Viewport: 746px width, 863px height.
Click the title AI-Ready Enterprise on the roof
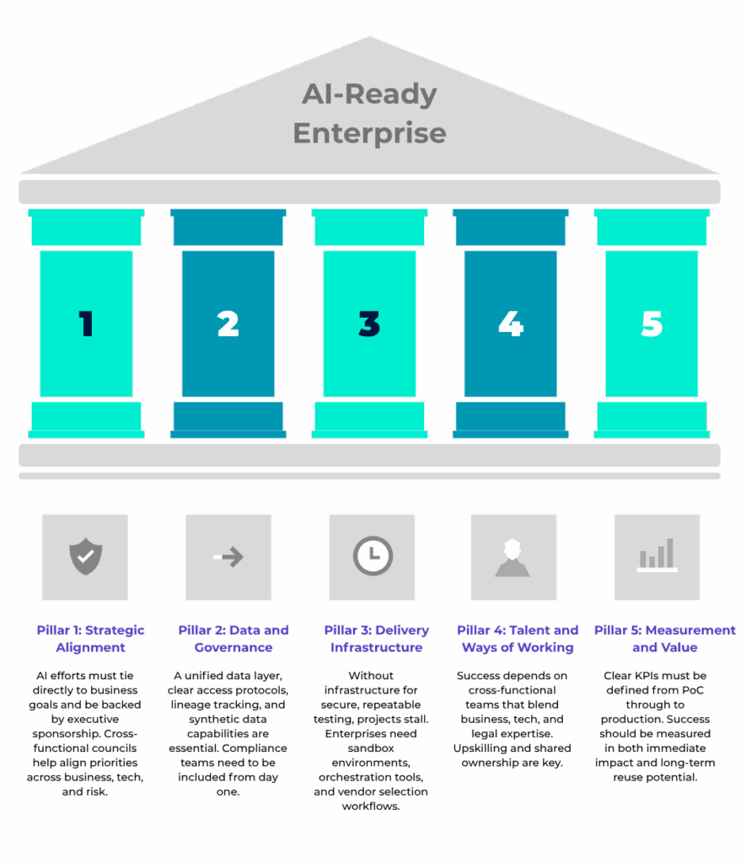pos(369,113)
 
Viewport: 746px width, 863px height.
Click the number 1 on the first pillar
pos(86,324)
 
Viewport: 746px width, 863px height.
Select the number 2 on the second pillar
pos(228,324)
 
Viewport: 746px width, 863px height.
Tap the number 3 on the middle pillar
pos(369,324)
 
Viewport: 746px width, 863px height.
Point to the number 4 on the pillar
pos(511,324)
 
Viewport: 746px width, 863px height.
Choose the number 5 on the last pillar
pos(652,324)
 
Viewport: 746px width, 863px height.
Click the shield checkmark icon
pos(85,557)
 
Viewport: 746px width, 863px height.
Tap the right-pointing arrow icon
pos(228,557)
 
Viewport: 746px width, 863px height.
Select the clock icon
pos(372,557)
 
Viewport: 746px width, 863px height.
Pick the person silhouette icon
pos(513,557)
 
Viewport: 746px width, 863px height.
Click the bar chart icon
pos(657,557)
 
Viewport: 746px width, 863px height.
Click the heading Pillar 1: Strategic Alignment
pos(90,639)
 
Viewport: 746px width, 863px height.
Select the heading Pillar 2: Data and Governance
pos(233,639)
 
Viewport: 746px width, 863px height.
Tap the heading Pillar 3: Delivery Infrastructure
pos(377,639)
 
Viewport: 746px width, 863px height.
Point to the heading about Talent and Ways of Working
pos(518,639)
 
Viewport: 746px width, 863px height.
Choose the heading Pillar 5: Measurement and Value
pos(664,639)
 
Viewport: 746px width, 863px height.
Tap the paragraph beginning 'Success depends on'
pos(515,718)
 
